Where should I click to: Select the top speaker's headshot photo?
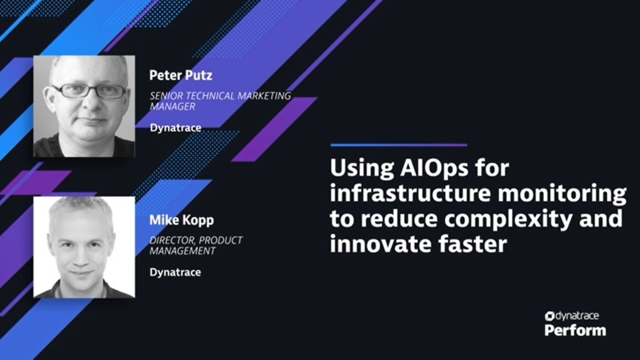point(83,105)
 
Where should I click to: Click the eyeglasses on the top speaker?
point(80,90)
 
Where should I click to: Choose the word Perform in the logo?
point(575,330)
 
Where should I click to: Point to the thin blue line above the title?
point(398,146)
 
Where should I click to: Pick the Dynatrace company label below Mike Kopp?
point(175,271)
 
